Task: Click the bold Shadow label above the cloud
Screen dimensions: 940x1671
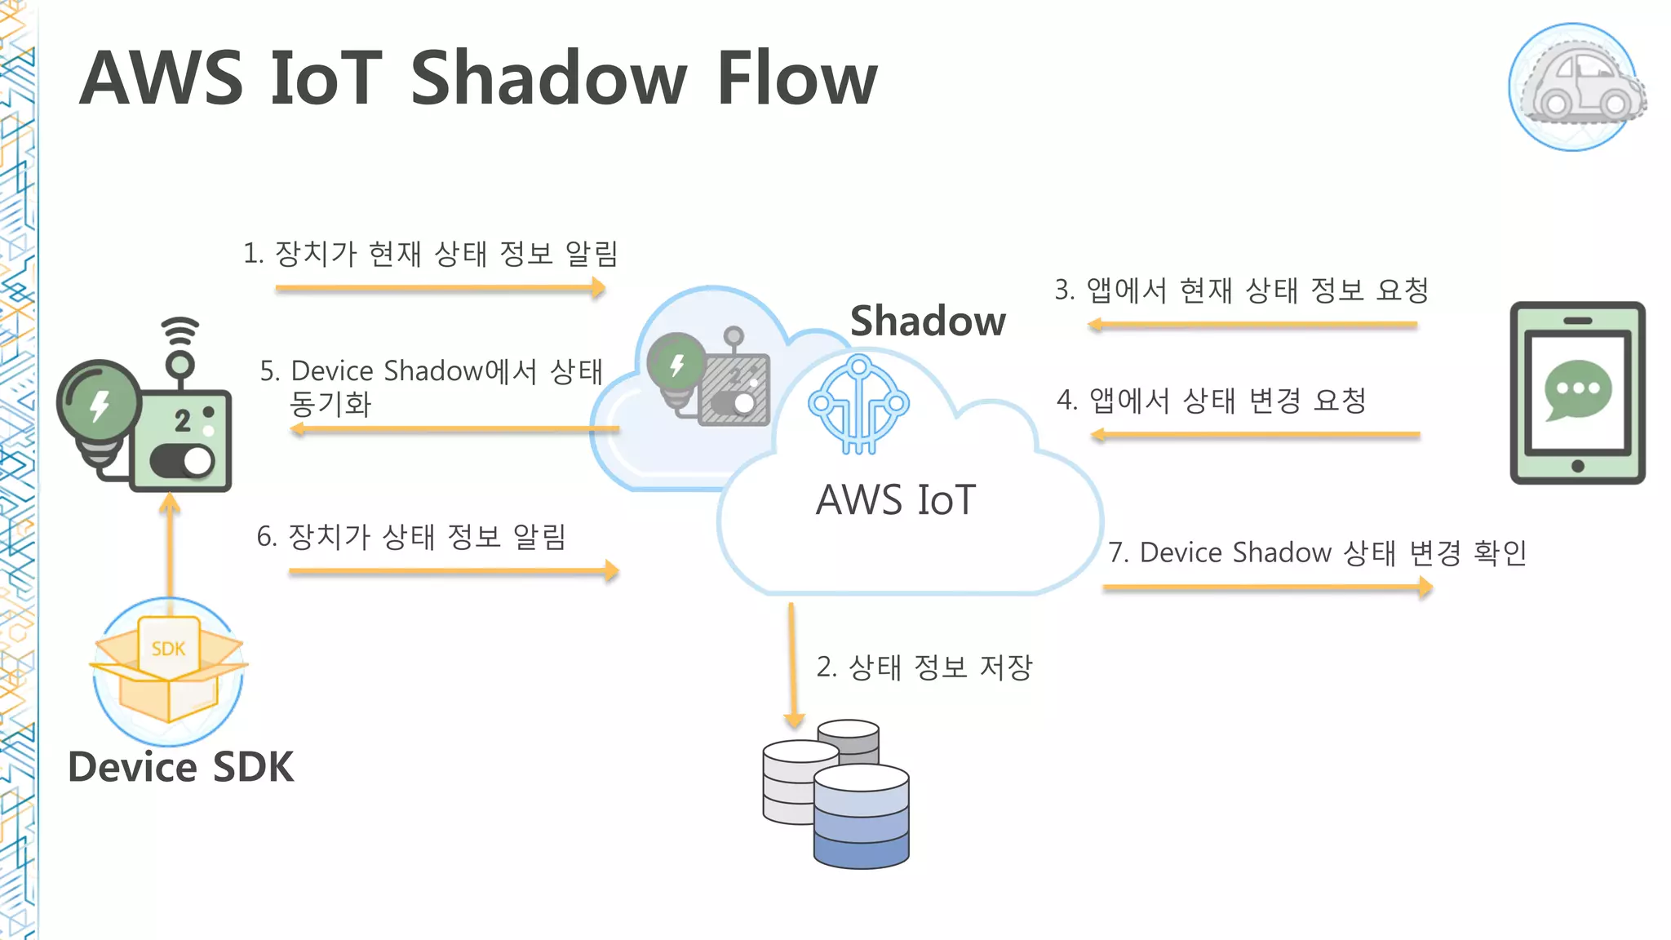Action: coord(928,321)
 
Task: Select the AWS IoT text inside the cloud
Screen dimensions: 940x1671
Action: coord(895,500)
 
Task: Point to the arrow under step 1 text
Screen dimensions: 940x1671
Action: coord(441,288)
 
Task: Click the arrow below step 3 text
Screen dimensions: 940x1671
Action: coord(1252,325)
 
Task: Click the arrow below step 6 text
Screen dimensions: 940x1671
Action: coord(454,571)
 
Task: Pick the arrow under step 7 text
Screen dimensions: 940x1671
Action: coord(1267,587)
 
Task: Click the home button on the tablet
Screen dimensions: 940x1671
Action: coord(1577,466)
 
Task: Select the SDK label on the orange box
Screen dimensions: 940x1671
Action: coord(168,649)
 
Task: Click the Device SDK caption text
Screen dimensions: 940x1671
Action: coord(180,767)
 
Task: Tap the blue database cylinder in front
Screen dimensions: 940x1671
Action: coord(861,816)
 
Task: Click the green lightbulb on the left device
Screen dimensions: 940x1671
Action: coord(99,405)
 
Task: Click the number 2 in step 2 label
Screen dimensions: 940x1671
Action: coord(825,667)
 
